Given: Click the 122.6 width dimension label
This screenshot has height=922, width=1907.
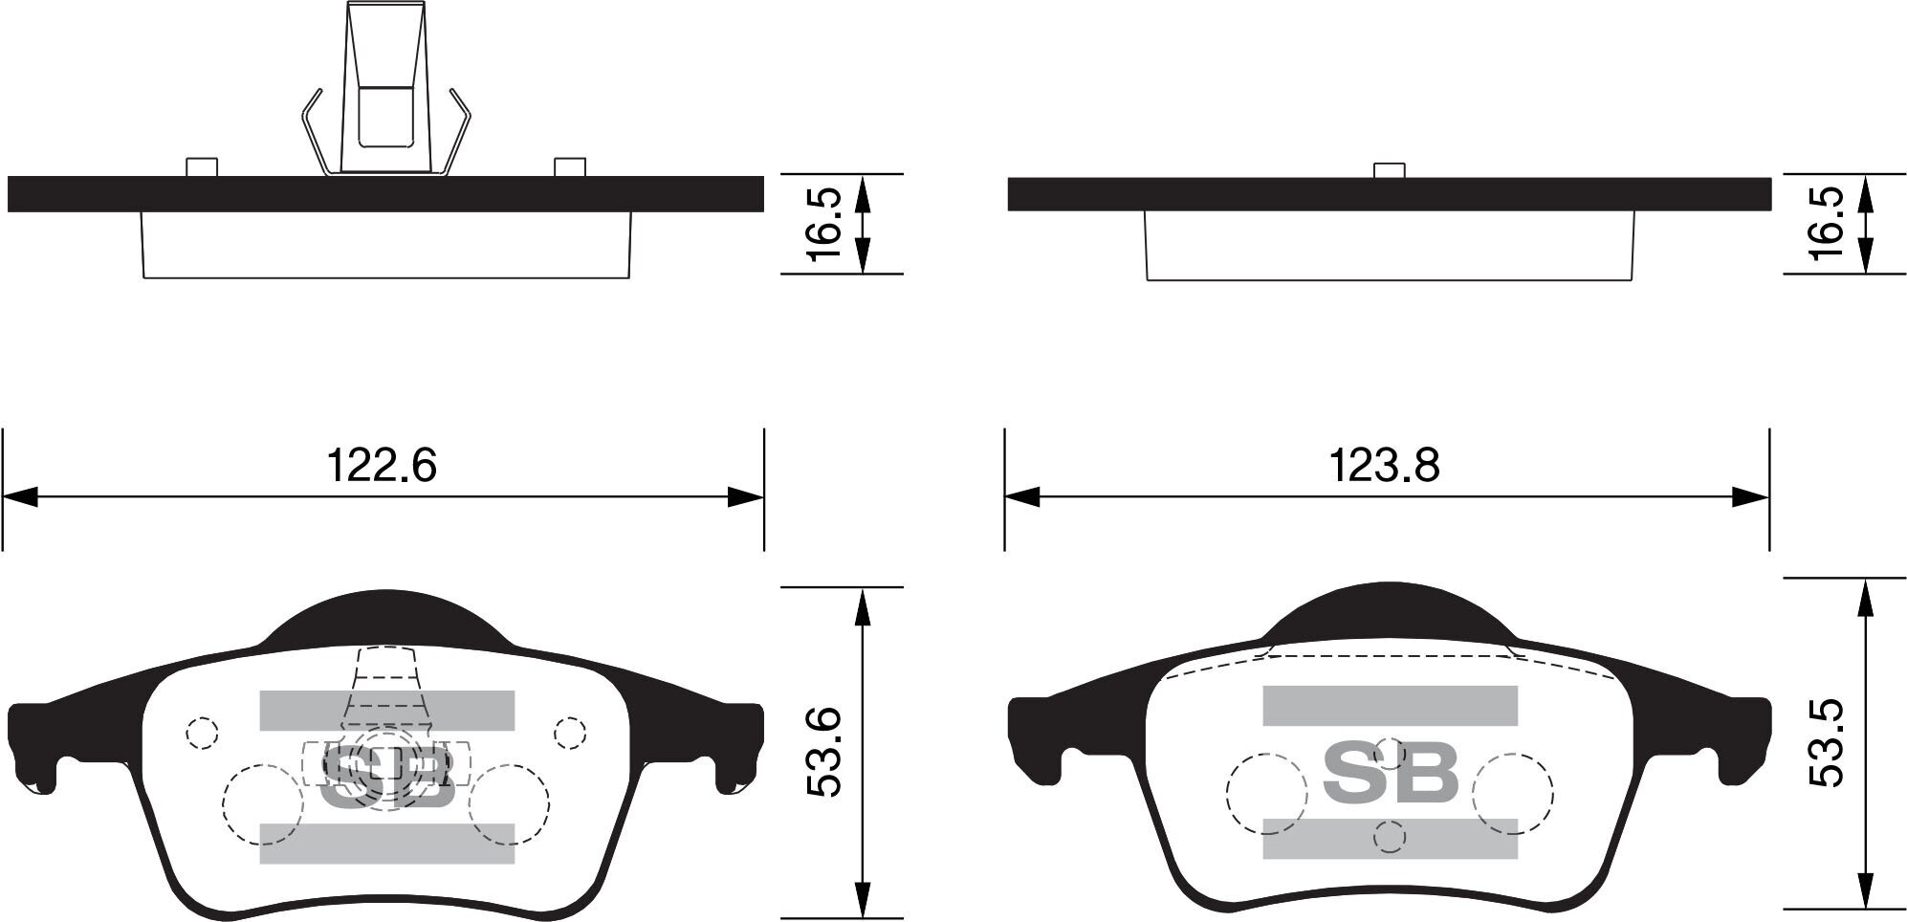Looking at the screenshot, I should point(382,466).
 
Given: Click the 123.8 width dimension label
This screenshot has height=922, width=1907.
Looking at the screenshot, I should point(1384,466).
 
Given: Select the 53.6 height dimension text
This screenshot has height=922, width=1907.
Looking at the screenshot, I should point(823,752).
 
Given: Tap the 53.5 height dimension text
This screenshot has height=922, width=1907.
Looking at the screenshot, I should point(1826,743).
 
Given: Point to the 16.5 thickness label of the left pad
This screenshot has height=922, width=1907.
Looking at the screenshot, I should point(823,224).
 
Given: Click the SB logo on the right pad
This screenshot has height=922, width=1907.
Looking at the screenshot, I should point(1390,774).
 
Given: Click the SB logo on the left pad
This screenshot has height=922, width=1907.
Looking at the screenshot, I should point(386,776).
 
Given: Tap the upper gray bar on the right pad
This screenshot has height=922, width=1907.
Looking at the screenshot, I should point(1390,706).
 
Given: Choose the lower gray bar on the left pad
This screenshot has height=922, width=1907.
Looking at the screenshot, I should point(386,843).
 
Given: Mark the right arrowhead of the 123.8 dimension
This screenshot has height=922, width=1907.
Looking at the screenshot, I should point(1750,497).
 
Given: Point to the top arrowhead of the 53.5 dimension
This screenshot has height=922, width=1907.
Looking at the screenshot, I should point(1864,595).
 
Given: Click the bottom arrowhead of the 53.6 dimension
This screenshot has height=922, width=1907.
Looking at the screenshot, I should point(863,899).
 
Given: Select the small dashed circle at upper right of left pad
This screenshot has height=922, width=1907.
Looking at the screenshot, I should point(570,734).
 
